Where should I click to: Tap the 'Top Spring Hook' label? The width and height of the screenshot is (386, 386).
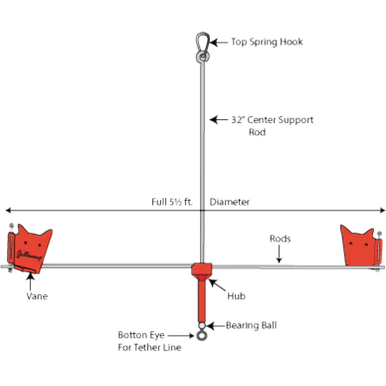(267, 42)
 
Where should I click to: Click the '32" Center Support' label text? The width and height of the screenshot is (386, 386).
(273, 120)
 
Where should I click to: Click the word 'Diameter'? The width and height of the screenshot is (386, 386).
(230, 202)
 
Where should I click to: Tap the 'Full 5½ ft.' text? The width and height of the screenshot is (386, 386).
(172, 202)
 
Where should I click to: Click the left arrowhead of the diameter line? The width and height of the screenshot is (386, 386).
(7, 210)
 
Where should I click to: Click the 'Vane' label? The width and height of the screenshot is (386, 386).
(37, 296)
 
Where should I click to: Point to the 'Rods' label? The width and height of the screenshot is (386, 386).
(280, 239)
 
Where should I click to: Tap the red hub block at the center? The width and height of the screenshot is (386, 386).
(201, 269)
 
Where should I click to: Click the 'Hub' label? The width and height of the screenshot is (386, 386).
(237, 296)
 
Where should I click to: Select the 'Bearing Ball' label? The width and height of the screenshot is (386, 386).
(251, 325)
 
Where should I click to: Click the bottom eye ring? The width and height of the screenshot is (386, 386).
(201, 336)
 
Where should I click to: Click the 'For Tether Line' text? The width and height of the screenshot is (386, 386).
(149, 347)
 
